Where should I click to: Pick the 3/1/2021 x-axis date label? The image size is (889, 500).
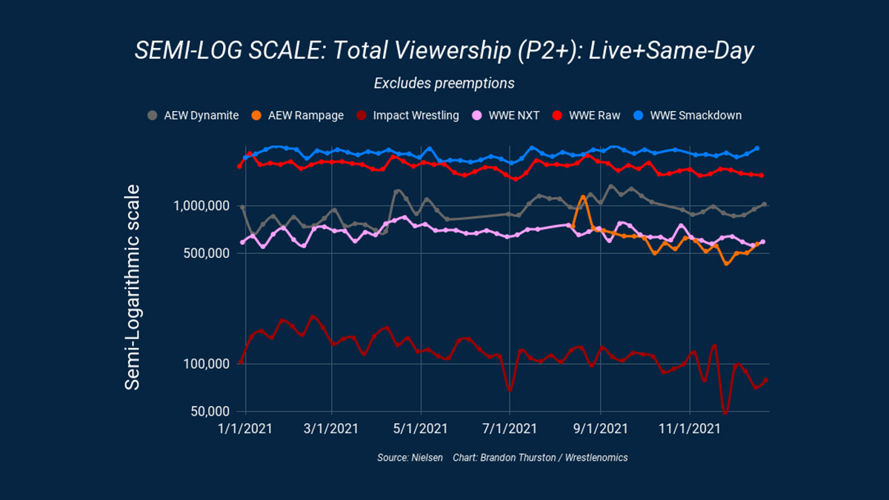331,429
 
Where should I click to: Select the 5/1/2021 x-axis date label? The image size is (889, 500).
421,429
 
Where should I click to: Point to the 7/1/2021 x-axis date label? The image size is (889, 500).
510,429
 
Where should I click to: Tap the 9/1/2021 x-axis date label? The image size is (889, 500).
600,429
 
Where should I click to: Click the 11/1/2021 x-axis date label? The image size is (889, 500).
690,429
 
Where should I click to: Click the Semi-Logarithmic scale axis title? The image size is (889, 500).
133,285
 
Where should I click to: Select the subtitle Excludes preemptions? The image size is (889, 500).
444,83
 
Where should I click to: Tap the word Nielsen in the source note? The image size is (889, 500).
427,458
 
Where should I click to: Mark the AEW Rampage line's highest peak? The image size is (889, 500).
583,196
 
